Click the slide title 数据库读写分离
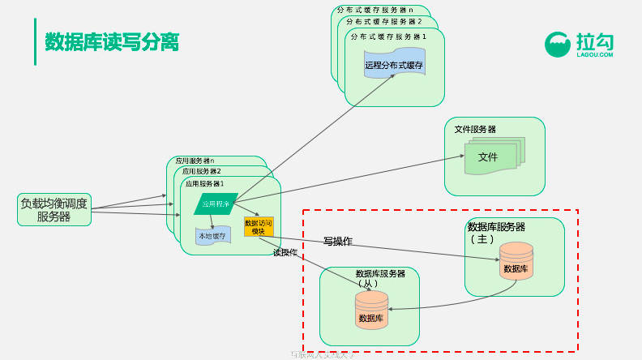click(x=112, y=41)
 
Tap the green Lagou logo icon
click(x=558, y=45)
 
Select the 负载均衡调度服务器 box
click(x=53, y=210)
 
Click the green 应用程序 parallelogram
click(x=216, y=204)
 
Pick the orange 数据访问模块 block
click(x=259, y=226)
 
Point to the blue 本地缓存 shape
click(x=212, y=235)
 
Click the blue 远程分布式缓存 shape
click(x=394, y=65)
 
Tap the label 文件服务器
click(x=475, y=129)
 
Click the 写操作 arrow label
click(x=337, y=241)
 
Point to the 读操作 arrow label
click(x=285, y=252)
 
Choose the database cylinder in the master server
click(x=516, y=261)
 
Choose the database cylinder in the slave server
click(x=371, y=311)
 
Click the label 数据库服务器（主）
click(x=496, y=232)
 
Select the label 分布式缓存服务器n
click(x=374, y=10)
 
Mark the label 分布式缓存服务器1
click(x=387, y=36)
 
